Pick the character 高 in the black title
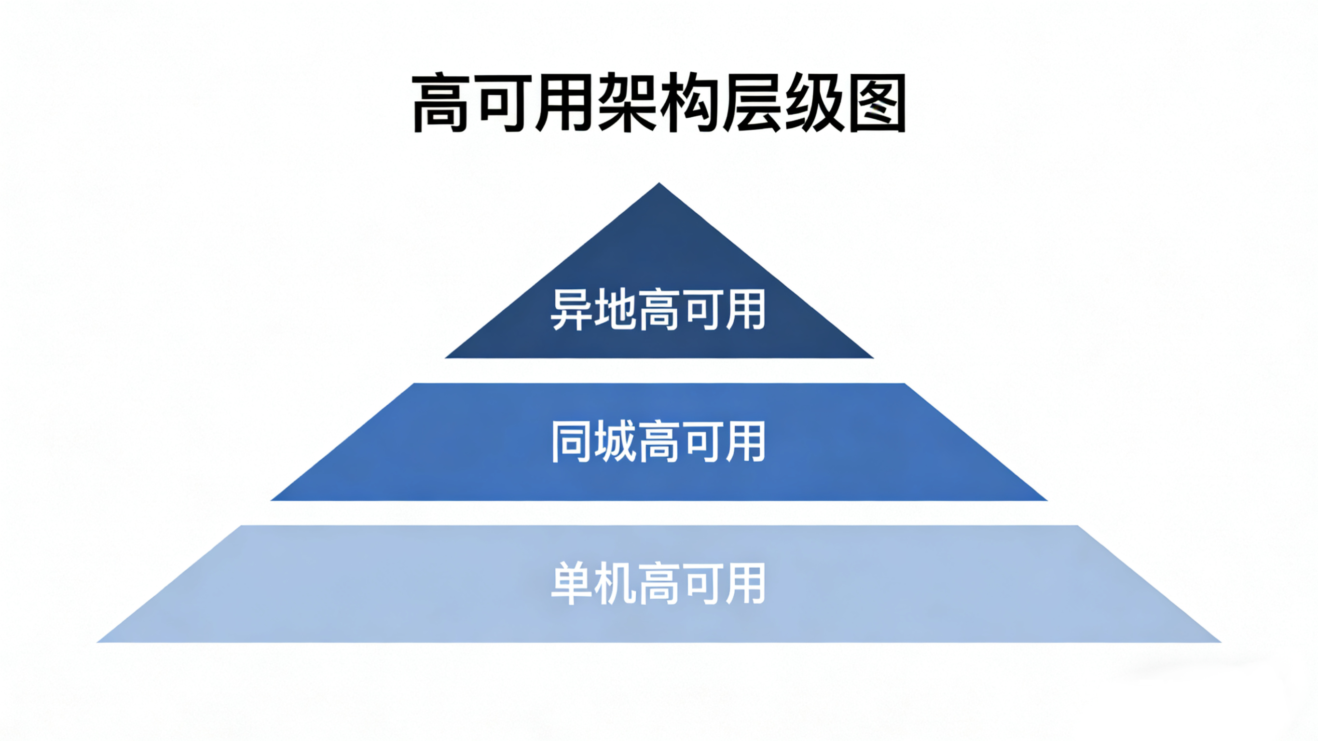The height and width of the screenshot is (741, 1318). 441,103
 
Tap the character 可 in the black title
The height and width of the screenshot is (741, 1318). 504,103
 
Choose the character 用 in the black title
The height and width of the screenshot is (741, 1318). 565,103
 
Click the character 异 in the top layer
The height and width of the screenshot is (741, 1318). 572,310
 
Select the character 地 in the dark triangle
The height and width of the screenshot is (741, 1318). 615,310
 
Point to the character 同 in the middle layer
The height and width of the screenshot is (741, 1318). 572,441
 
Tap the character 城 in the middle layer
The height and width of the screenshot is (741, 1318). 615,441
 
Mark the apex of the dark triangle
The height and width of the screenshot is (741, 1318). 659,184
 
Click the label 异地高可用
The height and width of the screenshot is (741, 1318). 659,310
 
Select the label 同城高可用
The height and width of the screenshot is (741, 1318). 659,441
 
